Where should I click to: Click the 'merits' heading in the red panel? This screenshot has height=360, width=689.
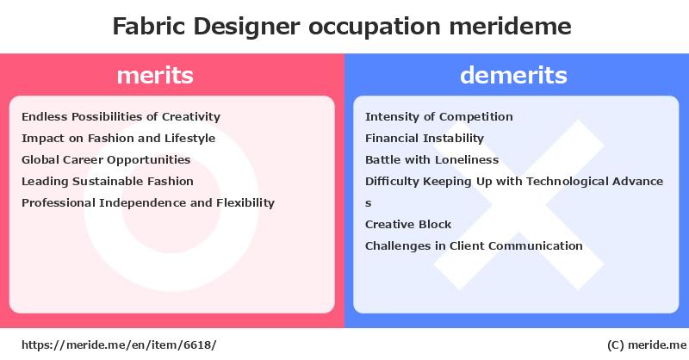point(155,75)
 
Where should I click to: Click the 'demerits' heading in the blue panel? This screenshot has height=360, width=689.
point(513,75)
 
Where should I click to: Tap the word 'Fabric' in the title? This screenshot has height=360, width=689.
point(149,26)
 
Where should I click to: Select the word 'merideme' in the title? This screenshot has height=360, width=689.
point(510,26)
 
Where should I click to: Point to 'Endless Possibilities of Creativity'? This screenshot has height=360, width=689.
point(121,117)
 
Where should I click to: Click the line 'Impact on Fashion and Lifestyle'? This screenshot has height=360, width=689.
point(119,139)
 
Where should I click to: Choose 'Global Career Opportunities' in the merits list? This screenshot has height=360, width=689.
point(106,160)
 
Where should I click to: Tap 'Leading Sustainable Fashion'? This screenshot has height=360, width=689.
point(108,181)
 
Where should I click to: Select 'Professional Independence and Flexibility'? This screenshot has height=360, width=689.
point(148,202)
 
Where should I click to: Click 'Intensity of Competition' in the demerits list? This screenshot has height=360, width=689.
point(439,117)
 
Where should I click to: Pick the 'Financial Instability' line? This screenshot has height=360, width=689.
point(425,139)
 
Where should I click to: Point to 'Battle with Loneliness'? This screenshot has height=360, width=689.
point(432,160)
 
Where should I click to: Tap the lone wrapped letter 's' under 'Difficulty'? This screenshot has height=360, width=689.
point(369,203)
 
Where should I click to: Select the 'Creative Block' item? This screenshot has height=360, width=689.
point(408,224)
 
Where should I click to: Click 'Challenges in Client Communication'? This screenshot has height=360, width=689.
point(474,245)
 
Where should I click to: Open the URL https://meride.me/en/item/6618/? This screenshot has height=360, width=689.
point(119,345)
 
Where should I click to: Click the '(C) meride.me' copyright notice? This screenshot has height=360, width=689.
point(647,345)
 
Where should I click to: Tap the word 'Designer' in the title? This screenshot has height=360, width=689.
point(246,27)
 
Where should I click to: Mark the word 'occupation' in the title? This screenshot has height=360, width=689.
point(375,27)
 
